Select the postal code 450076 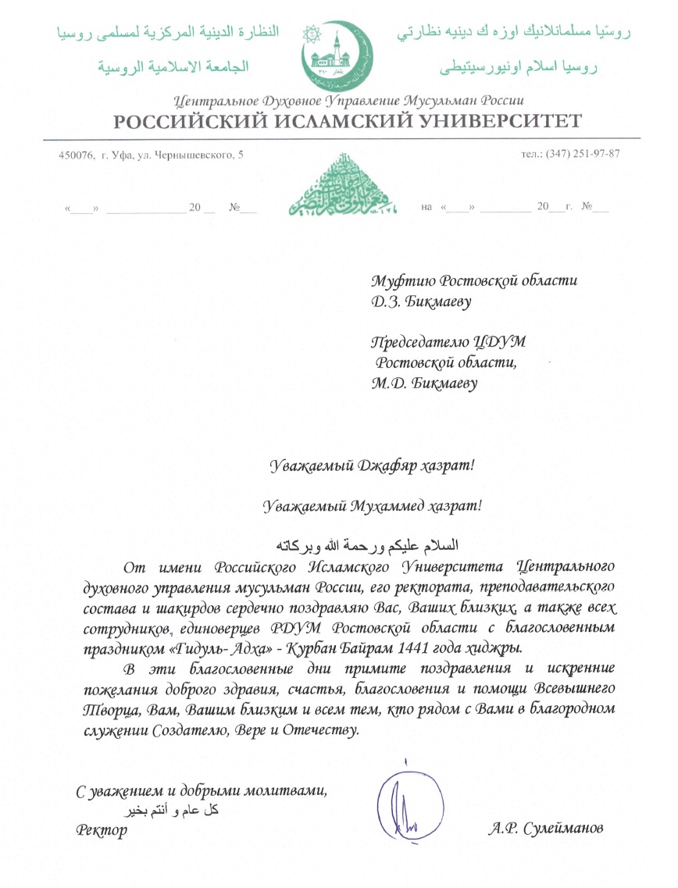click(x=73, y=154)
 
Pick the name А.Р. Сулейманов click(x=544, y=828)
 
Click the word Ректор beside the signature click(x=102, y=829)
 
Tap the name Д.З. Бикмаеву click(x=422, y=301)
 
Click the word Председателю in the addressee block click(x=423, y=341)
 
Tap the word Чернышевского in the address click(x=198, y=154)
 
